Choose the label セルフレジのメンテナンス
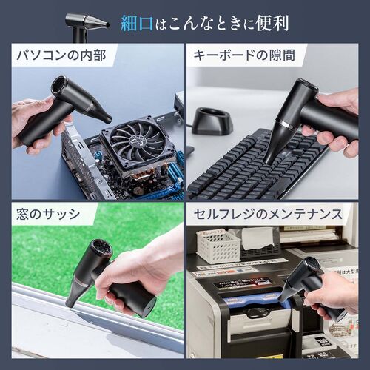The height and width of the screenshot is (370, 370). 267,215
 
